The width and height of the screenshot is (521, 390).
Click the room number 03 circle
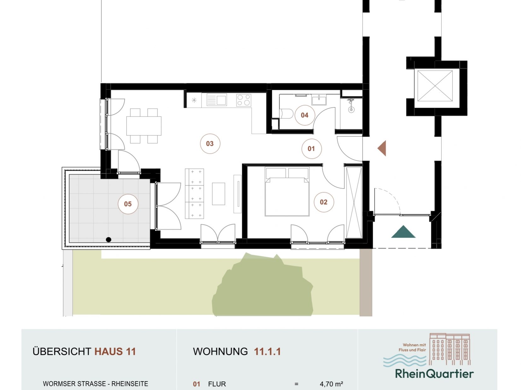210,144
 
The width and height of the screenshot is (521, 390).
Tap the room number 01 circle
311,149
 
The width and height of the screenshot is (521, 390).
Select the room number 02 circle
324,202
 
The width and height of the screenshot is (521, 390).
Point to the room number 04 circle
305,115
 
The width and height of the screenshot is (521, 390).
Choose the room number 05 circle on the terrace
128,204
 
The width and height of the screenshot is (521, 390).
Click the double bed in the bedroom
287,192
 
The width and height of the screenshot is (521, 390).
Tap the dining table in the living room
144,126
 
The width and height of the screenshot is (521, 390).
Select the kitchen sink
217,100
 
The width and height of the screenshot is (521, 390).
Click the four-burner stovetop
243,100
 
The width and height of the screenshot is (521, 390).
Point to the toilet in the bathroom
286,114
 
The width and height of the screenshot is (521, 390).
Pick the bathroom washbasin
319,100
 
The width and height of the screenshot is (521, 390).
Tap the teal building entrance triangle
403,232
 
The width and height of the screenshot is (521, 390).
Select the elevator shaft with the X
435,86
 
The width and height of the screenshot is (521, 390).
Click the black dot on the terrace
108,240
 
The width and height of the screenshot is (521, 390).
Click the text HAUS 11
115,351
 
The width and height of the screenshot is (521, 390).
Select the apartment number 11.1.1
267,351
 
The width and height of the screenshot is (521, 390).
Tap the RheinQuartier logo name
434,374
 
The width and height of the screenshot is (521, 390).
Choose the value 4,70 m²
331,384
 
